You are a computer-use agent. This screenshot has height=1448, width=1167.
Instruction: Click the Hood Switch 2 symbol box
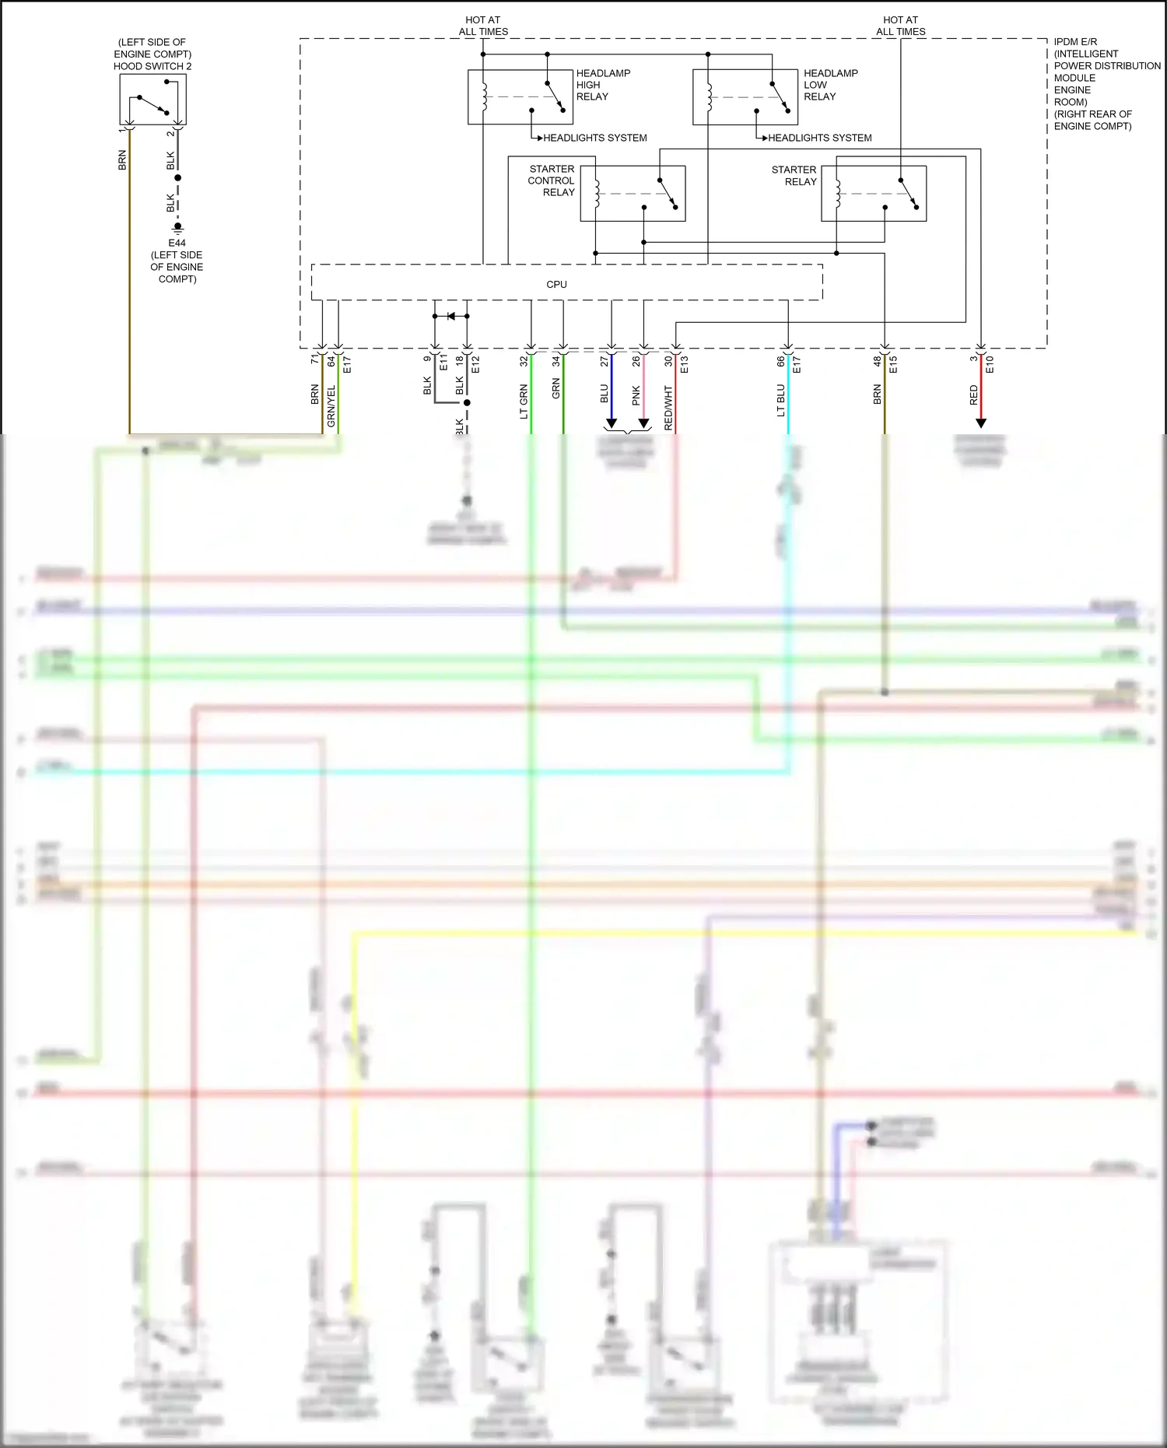click(153, 100)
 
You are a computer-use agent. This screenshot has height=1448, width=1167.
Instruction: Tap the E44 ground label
click(177, 243)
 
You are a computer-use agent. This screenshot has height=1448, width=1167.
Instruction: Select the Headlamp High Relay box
click(520, 96)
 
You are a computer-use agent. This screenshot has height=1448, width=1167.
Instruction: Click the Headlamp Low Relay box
click(745, 96)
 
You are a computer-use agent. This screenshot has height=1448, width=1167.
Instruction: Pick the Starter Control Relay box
click(633, 193)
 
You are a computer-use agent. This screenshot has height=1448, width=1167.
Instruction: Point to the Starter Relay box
click(874, 193)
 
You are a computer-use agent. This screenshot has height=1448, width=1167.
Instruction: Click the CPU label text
click(556, 285)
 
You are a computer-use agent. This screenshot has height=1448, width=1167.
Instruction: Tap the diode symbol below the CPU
click(451, 316)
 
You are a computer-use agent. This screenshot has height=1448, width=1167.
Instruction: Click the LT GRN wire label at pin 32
click(524, 401)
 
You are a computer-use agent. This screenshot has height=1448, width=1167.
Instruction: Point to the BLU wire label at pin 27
click(605, 394)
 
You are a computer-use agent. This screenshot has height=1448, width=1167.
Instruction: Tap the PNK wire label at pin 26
click(636, 395)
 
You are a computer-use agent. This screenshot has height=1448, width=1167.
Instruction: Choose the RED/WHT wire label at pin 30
click(668, 408)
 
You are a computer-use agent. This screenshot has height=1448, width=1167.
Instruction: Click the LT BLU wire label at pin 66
click(780, 401)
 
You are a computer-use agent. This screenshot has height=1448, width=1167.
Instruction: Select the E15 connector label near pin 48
click(893, 364)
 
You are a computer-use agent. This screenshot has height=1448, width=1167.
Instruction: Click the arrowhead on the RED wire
click(981, 423)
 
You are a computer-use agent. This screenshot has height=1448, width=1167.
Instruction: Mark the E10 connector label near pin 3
click(990, 364)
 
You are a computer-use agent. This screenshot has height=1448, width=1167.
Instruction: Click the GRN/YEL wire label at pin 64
click(331, 405)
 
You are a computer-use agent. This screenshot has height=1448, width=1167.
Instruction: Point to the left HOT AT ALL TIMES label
click(483, 26)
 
